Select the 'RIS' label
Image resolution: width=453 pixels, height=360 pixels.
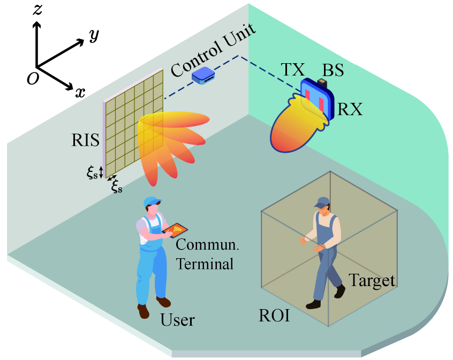[86, 141]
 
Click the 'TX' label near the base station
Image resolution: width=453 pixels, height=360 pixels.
[292, 70]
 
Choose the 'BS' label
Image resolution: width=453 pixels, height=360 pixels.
[333, 70]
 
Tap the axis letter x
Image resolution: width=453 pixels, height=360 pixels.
[80, 92]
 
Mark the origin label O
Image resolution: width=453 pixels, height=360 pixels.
[33, 79]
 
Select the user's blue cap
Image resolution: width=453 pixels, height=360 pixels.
[152, 202]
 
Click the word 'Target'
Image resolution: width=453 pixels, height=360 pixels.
[372, 280]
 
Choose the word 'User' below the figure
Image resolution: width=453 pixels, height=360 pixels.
[177, 320]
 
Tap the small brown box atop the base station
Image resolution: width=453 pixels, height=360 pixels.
[322, 82]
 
